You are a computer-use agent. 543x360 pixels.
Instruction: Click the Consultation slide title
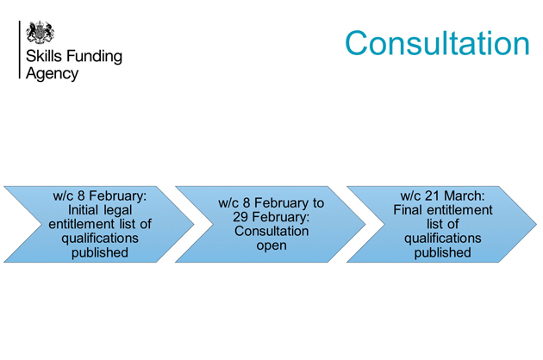tap(437, 43)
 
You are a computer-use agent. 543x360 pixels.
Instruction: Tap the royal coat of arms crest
tap(41, 32)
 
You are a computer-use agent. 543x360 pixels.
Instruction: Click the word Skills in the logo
tap(44, 56)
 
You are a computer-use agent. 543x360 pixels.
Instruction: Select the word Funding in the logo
tap(94, 57)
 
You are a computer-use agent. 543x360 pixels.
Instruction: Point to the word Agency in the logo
tap(52, 74)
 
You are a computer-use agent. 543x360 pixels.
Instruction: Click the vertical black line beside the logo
tap(19, 50)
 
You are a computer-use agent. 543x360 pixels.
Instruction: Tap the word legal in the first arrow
tap(118, 210)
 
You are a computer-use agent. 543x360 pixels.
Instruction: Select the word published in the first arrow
tap(100, 252)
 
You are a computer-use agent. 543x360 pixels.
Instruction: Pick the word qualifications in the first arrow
tap(100, 239)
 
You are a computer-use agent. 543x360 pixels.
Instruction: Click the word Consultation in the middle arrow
tap(271, 231)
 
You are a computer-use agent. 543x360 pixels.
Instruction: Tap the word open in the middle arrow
tap(271, 245)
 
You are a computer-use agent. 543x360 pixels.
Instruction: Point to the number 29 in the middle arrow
tap(240, 217)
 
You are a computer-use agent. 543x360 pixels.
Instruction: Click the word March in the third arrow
tap(465, 196)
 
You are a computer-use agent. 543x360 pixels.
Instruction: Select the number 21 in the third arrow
tap(432, 196)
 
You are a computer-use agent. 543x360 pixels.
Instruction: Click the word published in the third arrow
tap(442, 252)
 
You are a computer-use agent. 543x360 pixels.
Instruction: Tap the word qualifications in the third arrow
tap(442, 239)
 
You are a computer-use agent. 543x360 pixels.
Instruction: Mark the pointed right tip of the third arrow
tap(536, 224)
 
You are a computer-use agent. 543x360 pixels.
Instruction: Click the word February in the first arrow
tap(118, 196)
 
